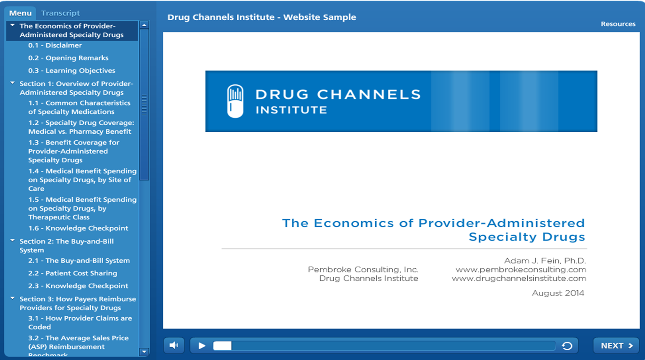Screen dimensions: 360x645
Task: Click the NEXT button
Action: [x=616, y=346]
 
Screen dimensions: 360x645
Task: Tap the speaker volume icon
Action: [x=174, y=345]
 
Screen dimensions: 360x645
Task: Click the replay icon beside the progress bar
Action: [x=567, y=346]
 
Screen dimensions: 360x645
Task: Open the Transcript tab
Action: [x=60, y=13]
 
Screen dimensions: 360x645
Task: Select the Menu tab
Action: [x=20, y=13]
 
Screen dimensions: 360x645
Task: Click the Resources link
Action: [x=618, y=24]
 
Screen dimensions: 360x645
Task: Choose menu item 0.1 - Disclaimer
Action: [x=55, y=46]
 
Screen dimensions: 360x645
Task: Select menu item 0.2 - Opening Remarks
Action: [x=68, y=58]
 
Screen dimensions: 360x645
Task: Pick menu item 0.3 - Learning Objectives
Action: [x=72, y=71]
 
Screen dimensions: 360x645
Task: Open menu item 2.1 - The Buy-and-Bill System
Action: [x=79, y=261]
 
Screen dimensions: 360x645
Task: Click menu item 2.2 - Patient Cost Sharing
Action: [x=73, y=273]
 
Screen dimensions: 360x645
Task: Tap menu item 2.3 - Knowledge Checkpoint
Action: [x=78, y=286]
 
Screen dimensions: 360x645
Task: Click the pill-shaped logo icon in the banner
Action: [x=235, y=101]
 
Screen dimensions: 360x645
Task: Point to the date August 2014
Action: [x=558, y=293]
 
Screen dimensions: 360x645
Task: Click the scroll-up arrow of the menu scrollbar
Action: [x=145, y=25]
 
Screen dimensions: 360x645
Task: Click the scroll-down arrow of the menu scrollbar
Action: [x=145, y=352]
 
